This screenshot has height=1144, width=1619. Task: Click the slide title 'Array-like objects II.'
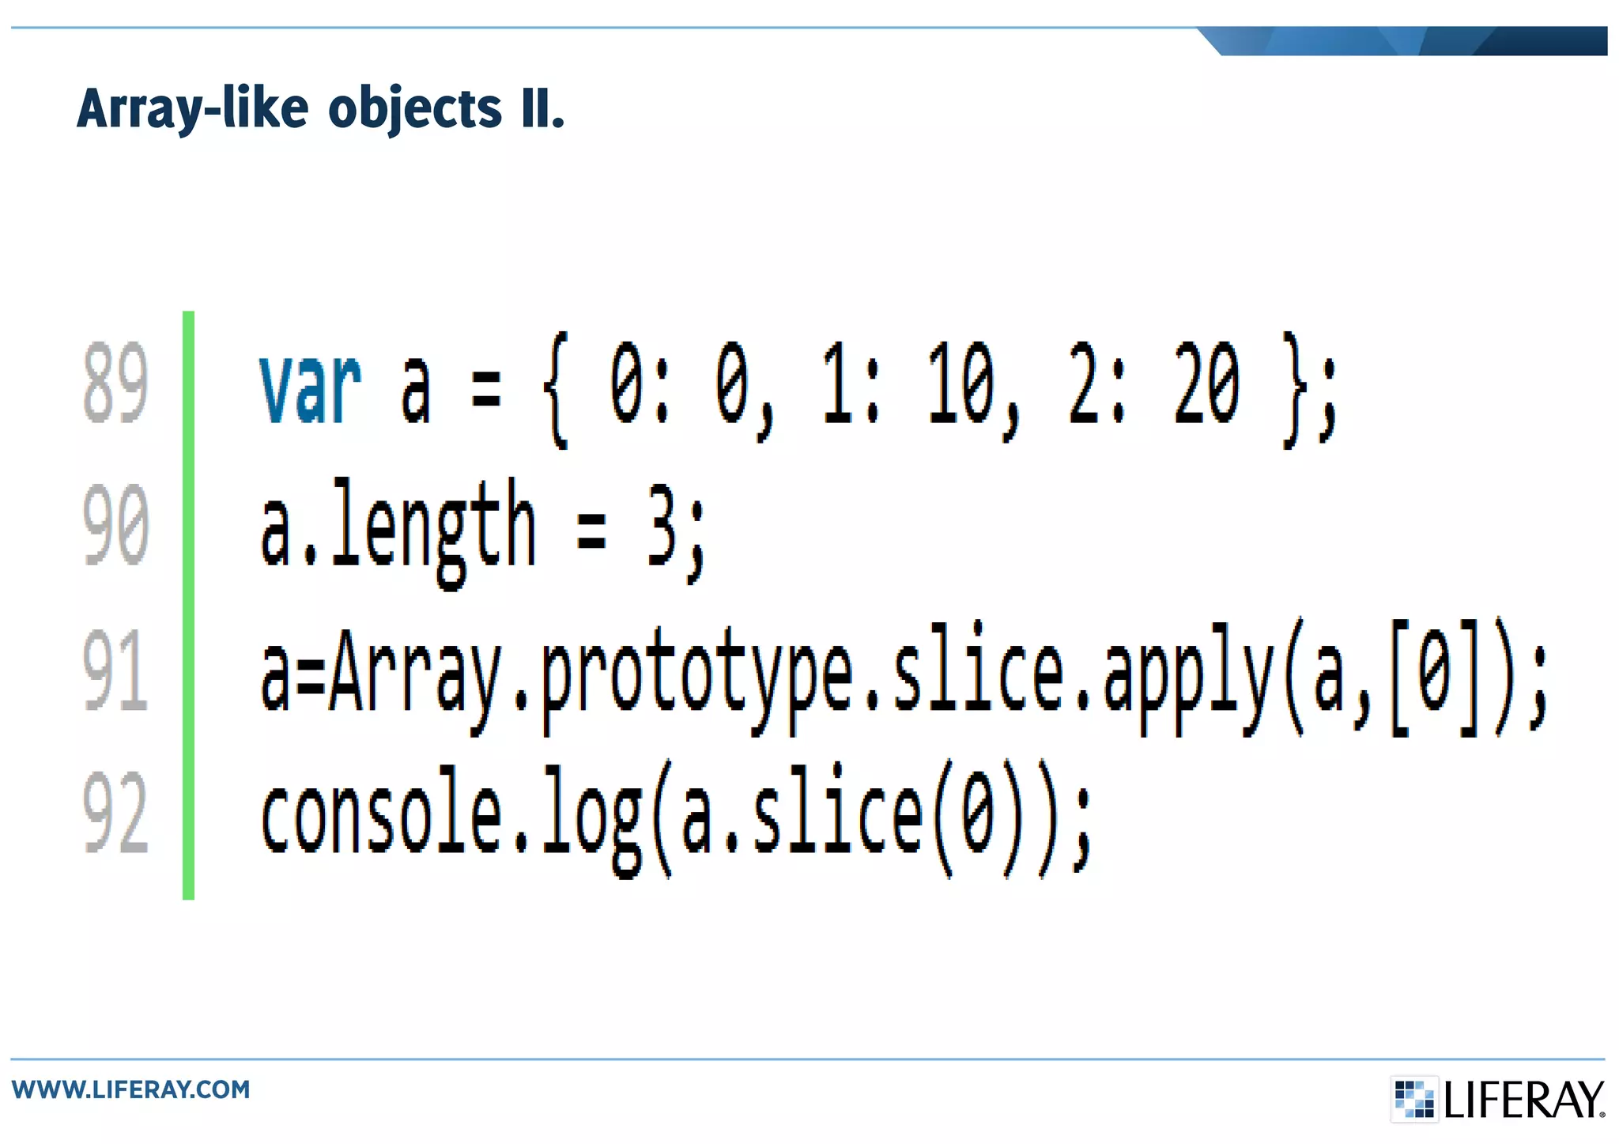click(x=320, y=108)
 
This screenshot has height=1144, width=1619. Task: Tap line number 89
click(x=115, y=383)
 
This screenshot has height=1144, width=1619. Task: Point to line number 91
click(x=115, y=670)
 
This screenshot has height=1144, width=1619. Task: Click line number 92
click(x=115, y=814)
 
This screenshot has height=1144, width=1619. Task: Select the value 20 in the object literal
click(x=1206, y=384)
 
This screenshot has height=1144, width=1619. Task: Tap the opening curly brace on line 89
click(x=557, y=389)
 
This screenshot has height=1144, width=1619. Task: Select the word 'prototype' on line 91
click(x=696, y=676)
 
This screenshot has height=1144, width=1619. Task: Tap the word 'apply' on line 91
click(x=1188, y=676)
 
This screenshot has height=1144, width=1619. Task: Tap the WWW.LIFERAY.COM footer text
click(x=130, y=1089)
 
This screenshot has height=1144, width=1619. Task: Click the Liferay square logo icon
click(x=1413, y=1099)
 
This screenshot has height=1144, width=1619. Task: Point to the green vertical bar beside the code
click(x=188, y=605)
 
